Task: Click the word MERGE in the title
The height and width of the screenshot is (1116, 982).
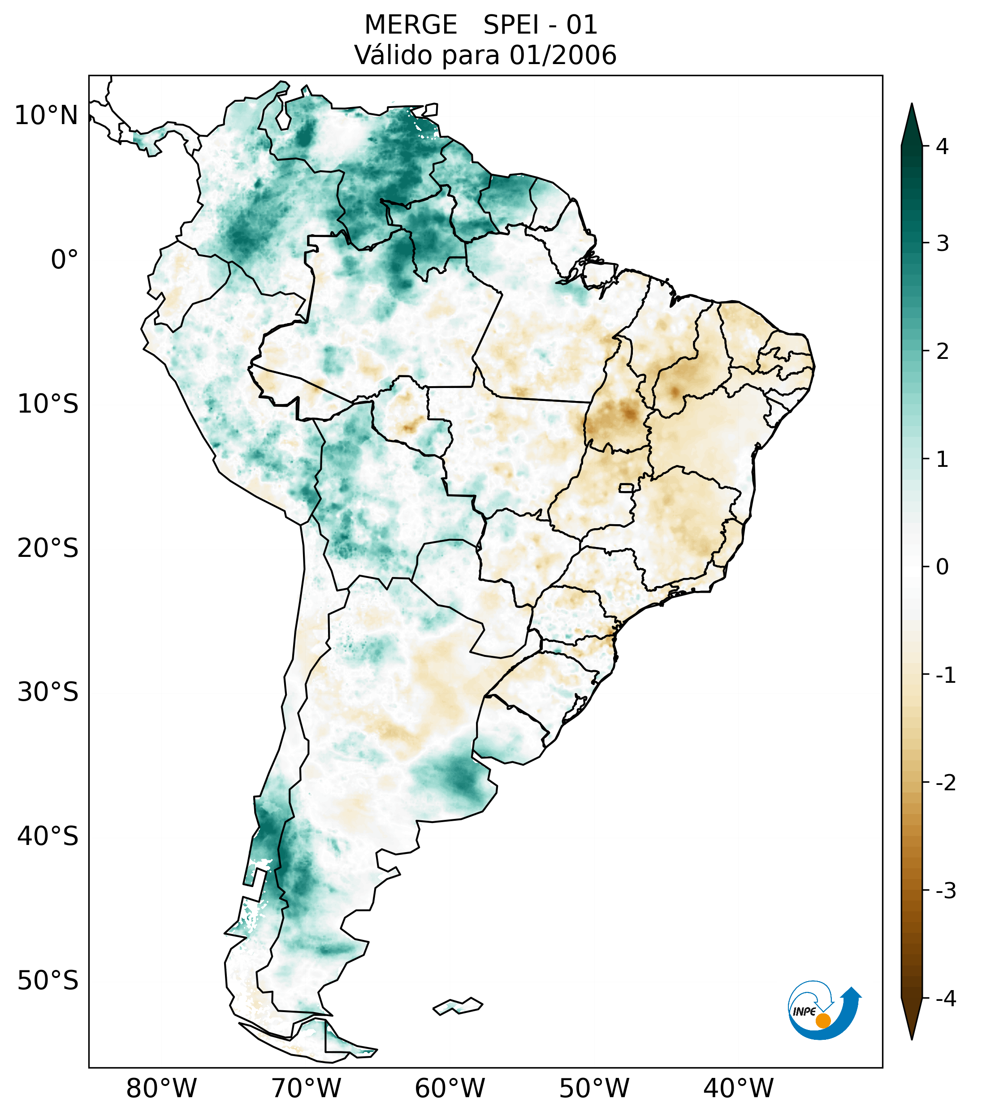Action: pyautogui.click(x=410, y=25)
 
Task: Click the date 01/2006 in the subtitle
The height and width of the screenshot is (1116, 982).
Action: pyautogui.click(x=562, y=55)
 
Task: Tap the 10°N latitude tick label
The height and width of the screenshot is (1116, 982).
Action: pyautogui.click(x=46, y=116)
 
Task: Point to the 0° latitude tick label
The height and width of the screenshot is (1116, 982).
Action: pyautogui.click(x=64, y=260)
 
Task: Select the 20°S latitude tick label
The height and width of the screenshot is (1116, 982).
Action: pyautogui.click(x=48, y=548)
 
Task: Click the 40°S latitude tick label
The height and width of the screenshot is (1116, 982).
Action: pyautogui.click(x=48, y=836)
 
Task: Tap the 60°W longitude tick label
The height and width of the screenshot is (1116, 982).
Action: pyautogui.click(x=450, y=1089)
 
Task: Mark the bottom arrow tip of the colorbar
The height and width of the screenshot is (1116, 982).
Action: pyautogui.click(x=912, y=1038)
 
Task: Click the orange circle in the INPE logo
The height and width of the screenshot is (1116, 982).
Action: pyautogui.click(x=822, y=1021)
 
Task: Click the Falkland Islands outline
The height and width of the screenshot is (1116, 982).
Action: pyautogui.click(x=458, y=1006)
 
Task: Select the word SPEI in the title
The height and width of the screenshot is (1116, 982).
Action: pyautogui.click(x=510, y=25)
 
